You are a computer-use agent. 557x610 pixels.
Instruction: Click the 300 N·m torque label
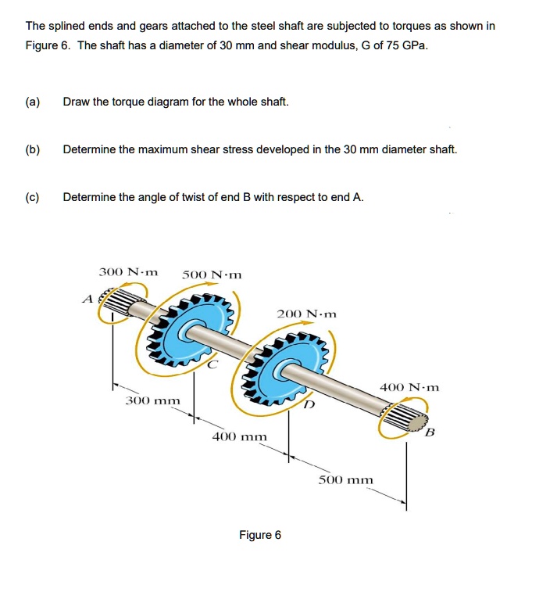coord(128,272)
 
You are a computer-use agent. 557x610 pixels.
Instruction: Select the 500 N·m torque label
coord(212,274)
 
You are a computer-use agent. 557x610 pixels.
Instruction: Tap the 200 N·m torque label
coord(307,314)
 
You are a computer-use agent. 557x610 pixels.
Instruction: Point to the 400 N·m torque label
coord(409,386)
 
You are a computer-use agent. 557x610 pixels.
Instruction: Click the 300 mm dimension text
coord(153,400)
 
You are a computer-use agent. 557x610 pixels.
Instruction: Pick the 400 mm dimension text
coord(240,436)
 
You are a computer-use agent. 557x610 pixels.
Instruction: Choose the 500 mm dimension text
coord(346,479)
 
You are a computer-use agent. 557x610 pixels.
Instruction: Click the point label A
coord(87,297)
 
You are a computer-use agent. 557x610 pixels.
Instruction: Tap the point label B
coord(429,432)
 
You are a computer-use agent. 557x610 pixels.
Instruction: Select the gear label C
coord(212,364)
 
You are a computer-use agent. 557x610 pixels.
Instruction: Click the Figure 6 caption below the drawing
coord(260,535)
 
